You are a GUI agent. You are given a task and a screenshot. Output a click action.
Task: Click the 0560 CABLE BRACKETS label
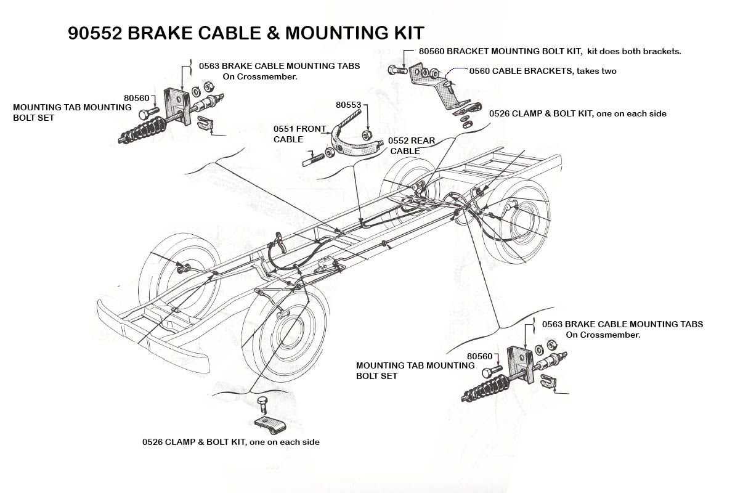click(x=542, y=71)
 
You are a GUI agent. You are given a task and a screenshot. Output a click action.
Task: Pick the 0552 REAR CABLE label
click(x=412, y=145)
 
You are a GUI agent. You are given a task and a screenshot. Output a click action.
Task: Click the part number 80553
click(x=348, y=105)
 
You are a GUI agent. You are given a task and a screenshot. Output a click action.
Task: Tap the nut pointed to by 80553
click(x=367, y=136)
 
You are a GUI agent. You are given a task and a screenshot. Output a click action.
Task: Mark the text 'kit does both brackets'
click(x=634, y=51)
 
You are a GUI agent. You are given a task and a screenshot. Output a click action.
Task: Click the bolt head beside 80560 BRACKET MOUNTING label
click(x=394, y=70)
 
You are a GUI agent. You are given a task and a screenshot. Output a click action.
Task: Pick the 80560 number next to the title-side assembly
click(x=136, y=97)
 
